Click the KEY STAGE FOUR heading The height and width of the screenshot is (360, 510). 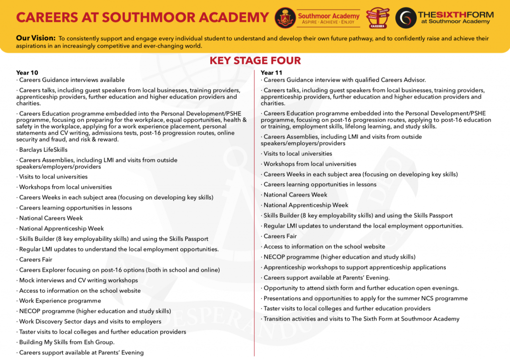coord(255,61)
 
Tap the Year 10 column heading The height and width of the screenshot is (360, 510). coord(27,73)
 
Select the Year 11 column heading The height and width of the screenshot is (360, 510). coord(271,73)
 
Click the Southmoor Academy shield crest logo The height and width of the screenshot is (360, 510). coord(285,17)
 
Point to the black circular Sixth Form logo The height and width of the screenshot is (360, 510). coord(405,17)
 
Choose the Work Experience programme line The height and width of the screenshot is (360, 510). coord(60,301)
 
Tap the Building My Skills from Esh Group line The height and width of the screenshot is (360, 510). coord(67,342)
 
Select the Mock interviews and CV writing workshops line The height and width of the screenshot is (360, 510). coord(78,280)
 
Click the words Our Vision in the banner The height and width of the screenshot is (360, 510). coord(35,38)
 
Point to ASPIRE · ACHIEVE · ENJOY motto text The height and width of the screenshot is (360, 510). coord(328,23)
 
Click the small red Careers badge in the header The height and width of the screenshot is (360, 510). coord(377,18)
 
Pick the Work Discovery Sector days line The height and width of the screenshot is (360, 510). coord(90,322)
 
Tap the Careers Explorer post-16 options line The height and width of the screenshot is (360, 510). coord(119,270)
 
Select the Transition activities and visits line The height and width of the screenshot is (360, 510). coord(361,319)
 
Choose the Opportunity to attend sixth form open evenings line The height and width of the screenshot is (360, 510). coord(361,288)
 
